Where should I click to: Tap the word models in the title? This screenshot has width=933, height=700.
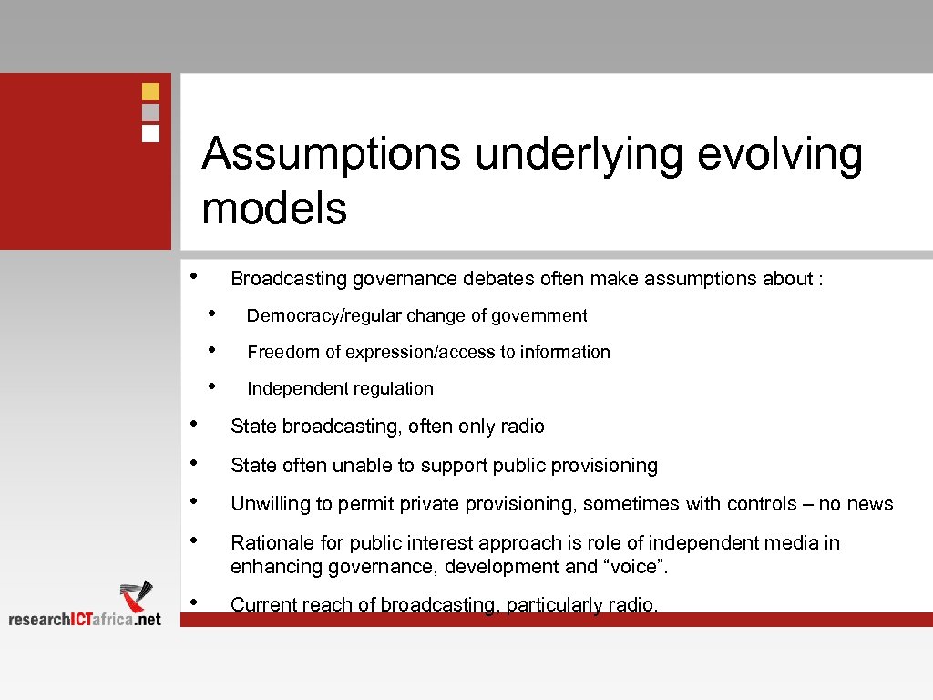[x=274, y=208]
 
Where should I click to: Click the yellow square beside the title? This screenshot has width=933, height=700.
[x=151, y=91]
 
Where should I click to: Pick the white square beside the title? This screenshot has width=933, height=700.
[x=151, y=133]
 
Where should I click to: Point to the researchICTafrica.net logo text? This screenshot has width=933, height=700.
[x=85, y=619]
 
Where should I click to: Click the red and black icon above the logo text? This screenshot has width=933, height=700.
[x=137, y=595]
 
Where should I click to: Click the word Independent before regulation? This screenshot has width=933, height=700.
[x=292, y=388]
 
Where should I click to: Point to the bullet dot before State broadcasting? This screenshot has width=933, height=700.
[x=193, y=424]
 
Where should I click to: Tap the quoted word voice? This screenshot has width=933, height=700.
[x=638, y=567]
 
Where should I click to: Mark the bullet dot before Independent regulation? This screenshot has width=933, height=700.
[x=211, y=386]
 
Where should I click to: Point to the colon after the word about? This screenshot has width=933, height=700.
[x=821, y=279]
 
